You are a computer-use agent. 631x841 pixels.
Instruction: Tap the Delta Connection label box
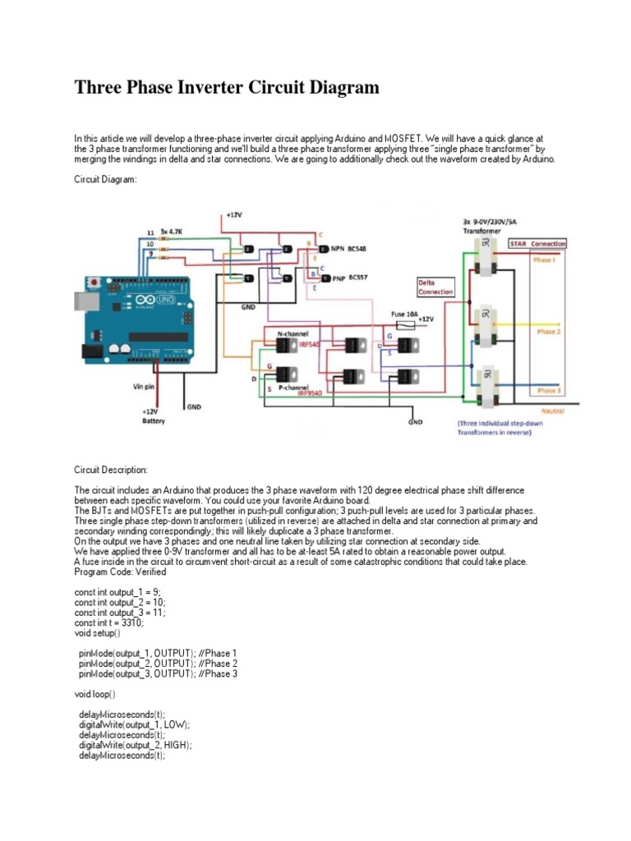tap(435, 286)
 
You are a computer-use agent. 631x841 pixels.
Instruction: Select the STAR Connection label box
tap(537, 244)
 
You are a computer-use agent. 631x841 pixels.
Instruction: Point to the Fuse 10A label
tap(406, 314)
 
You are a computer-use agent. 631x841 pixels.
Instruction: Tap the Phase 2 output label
tap(546, 332)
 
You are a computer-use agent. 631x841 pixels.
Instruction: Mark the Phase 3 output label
tap(546, 391)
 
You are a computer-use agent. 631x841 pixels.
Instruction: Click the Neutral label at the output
tap(553, 409)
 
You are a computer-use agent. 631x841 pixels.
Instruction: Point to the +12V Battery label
tap(153, 416)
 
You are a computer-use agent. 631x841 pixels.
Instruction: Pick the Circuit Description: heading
tap(111, 470)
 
